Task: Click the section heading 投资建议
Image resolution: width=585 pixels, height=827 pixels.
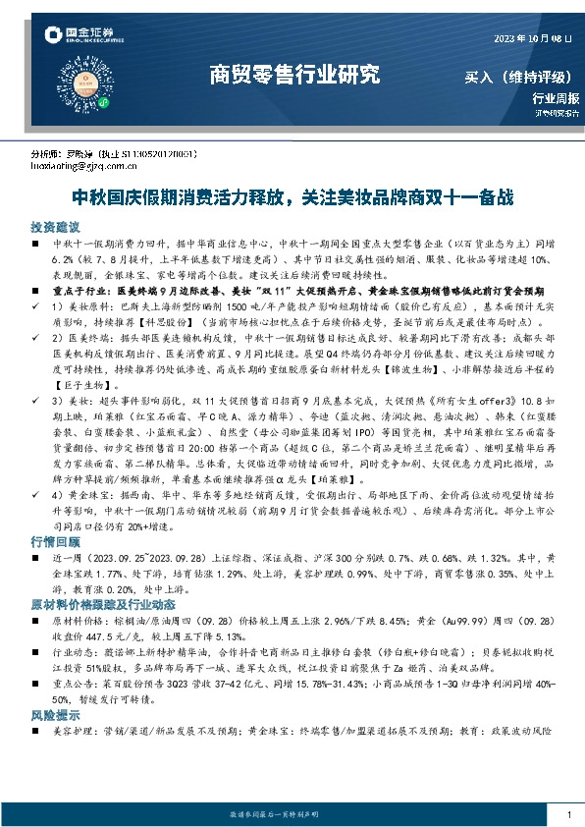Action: pos(54,226)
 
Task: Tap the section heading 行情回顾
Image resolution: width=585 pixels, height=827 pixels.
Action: pos(54,542)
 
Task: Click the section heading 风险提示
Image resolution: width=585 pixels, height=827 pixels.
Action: pos(54,703)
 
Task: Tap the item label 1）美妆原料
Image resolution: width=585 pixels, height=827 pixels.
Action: pos(82,306)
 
